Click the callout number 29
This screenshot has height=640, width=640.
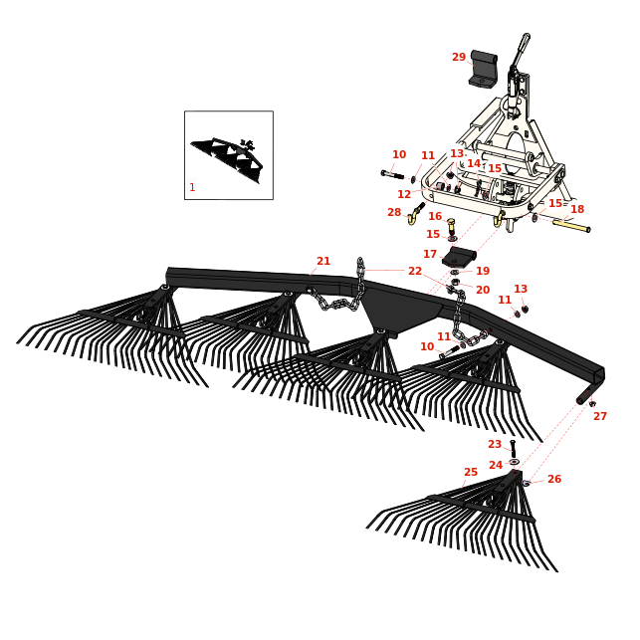459,58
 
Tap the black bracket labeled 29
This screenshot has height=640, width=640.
484,70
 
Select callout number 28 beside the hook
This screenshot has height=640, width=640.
394,213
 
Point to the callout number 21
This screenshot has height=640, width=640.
323,262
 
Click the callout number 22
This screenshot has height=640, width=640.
415,272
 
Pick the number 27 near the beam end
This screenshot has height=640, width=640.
600,417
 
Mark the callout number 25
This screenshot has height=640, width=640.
471,473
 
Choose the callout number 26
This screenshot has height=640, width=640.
554,480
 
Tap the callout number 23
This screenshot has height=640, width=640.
495,445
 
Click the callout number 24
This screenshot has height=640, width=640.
496,466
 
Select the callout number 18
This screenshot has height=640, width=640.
577,210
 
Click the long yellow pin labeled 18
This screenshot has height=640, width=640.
571,226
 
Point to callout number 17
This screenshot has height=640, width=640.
430,255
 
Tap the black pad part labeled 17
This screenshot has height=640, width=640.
459,258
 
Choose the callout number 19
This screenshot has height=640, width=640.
483,272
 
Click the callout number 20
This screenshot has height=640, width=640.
483,291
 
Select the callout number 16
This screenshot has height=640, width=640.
435,217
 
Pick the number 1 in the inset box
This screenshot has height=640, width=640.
192,188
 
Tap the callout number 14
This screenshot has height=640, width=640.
474,164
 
